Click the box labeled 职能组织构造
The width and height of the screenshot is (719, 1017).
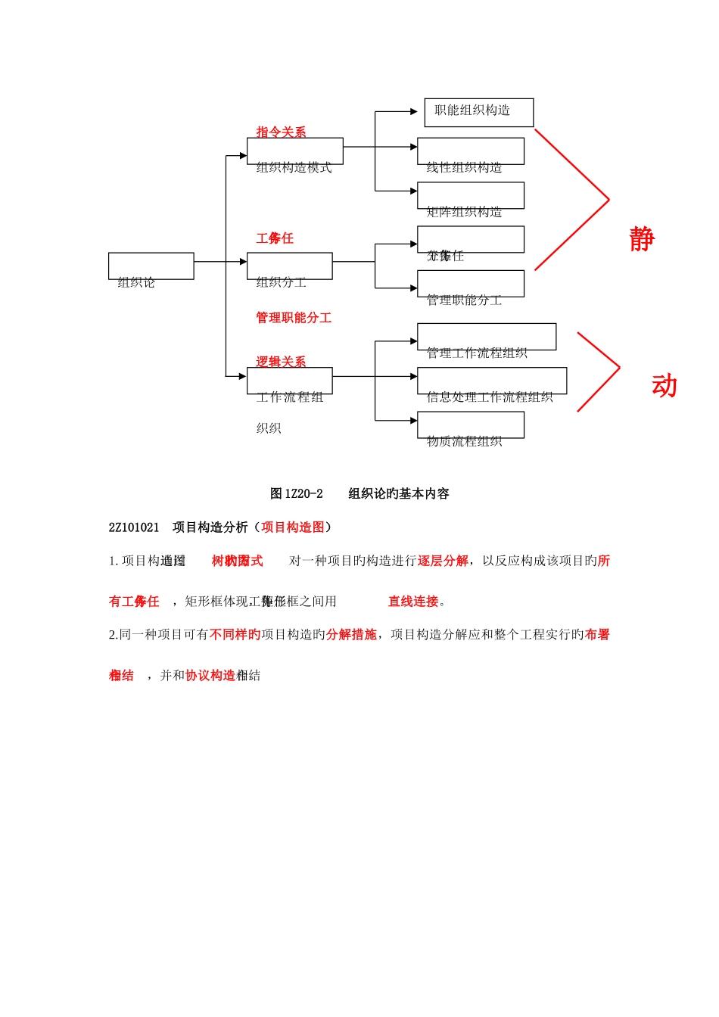[x=478, y=111]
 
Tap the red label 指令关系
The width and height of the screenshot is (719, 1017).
[x=281, y=132]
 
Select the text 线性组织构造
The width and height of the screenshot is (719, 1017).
[x=464, y=167]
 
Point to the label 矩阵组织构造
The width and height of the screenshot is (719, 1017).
[x=464, y=212]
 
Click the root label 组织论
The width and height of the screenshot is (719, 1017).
[x=136, y=282]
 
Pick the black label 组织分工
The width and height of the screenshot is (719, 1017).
[x=281, y=282]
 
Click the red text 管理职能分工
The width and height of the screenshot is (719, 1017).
[x=294, y=318]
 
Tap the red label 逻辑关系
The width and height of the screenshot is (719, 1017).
[x=281, y=362]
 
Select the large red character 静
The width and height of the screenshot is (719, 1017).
[x=642, y=239]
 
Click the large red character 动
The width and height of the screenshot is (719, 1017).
[x=664, y=386]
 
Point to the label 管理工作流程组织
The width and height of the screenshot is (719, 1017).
[x=477, y=353]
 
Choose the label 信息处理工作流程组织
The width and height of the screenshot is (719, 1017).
[x=490, y=397]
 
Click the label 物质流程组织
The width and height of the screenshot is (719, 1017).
[x=464, y=441]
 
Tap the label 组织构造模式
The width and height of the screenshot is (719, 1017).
[x=294, y=167]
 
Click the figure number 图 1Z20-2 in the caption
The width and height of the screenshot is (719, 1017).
[x=297, y=493]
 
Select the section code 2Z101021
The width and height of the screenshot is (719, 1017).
[x=134, y=527]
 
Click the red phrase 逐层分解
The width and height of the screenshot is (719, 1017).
[x=443, y=561]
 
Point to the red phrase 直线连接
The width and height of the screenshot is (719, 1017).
[x=413, y=602]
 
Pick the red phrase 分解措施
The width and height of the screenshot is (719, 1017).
[x=351, y=634]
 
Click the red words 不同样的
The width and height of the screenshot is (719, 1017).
[x=235, y=634]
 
